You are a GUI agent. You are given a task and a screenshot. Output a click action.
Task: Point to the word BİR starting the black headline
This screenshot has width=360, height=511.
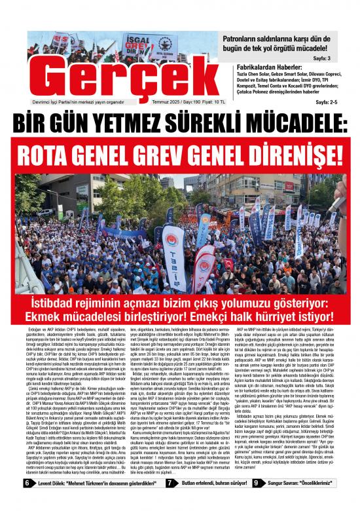[x=36, y=122]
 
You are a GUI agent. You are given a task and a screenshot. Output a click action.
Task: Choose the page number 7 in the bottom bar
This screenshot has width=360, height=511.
[x=169, y=501]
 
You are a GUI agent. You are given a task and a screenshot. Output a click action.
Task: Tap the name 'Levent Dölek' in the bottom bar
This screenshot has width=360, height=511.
[x=50, y=501]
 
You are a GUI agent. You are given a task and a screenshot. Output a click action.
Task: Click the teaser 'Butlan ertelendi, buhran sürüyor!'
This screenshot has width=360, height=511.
[x=209, y=501]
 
